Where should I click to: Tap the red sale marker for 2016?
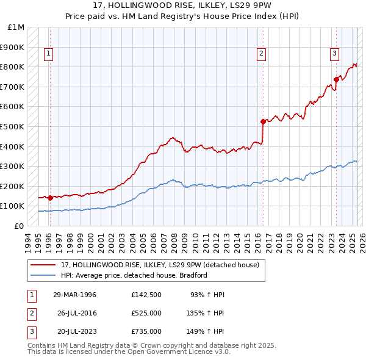pos(263,121)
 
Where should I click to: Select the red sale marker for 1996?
pos(49,198)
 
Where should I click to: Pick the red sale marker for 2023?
pos(336,79)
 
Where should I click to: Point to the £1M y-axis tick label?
pos(16,27)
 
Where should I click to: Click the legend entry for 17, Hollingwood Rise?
pos(160,265)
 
